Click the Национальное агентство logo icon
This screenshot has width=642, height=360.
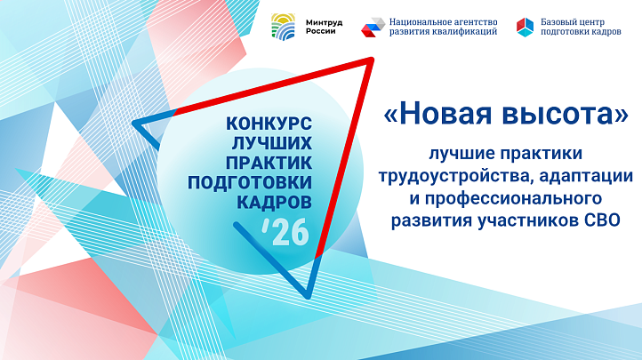point(373,27)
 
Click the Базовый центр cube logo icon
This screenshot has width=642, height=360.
point(526,27)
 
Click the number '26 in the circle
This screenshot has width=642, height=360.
point(286,234)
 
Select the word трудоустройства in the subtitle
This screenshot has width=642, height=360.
point(448,176)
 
